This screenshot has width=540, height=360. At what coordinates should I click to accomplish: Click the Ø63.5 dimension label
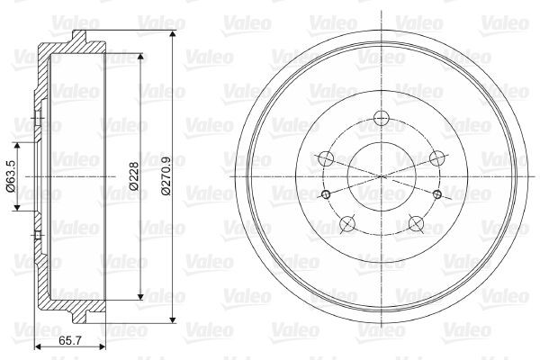[x=11, y=176]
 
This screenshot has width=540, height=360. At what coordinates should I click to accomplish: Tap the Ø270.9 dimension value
[x=166, y=176]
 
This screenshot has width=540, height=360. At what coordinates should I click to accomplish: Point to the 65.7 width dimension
[x=70, y=341]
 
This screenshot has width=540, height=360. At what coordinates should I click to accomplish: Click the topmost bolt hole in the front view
[x=382, y=118]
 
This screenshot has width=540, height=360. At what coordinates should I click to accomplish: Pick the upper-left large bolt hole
[x=326, y=158]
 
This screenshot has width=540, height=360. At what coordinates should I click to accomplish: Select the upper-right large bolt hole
[x=437, y=158]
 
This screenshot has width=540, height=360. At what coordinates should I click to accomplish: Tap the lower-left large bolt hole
[x=346, y=223]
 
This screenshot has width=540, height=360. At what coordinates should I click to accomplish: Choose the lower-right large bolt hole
[x=416, y=223]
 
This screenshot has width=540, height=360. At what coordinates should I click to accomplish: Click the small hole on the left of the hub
[x=326, y=194]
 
